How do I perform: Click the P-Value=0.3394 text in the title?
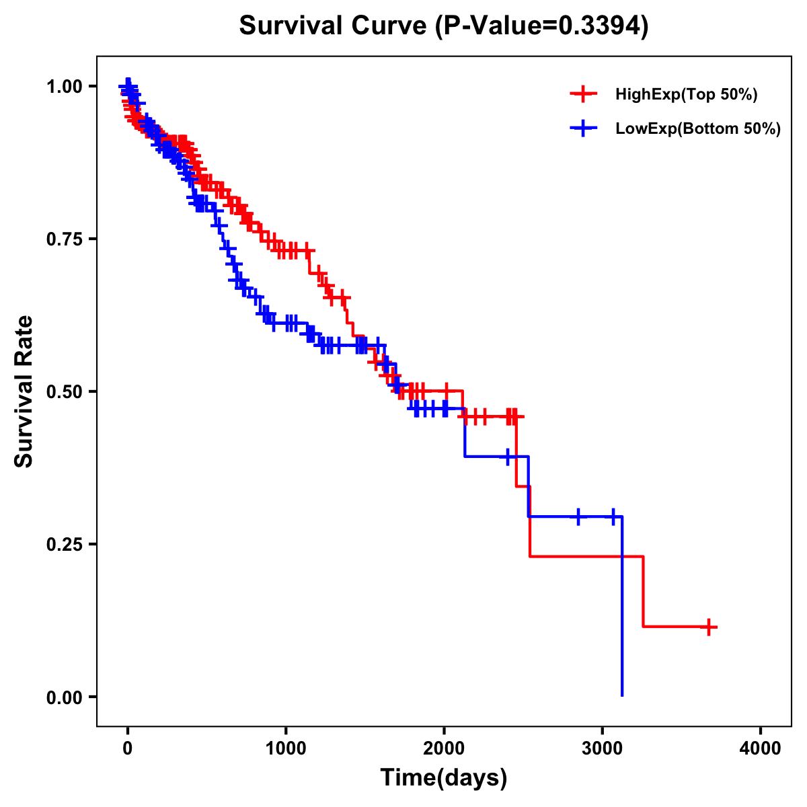tap(541, 26)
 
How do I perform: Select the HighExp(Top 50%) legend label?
tap(686, 95)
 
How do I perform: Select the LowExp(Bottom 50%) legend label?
tap(698, 128)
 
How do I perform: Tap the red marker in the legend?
tap(583, 95)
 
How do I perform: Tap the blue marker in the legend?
tap(583, 128)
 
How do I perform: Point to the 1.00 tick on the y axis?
tap(65, 87)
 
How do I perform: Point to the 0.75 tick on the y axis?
tap(65, 239)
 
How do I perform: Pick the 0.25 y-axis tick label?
tap(65, 544)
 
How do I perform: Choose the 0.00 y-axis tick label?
tap(65, 697)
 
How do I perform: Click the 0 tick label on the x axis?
tap(128, 748)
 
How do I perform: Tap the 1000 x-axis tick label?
tap(286, 748)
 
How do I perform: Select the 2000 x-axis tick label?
tap(444, 748)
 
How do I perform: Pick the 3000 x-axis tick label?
tap(603, 748)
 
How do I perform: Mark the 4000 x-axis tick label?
tap(761, 748)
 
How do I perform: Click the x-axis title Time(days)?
tap(444, 778)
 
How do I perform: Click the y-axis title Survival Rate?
tap(24, 391)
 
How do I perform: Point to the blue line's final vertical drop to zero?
tap(622, 605)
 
